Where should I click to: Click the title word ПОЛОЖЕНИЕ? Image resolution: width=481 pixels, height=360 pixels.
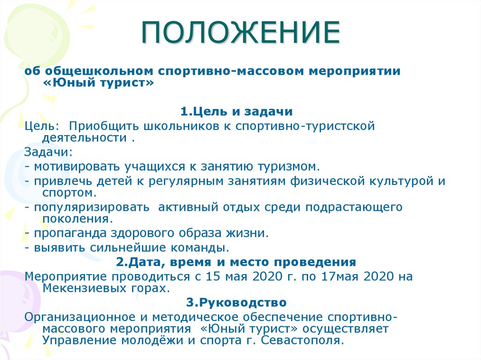coord(240,32)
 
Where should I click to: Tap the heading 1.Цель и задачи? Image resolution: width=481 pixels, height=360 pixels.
coord(237,112)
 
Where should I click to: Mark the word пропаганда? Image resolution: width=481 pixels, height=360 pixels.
coord(70,233)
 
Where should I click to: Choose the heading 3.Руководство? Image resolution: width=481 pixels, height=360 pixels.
coord(236,302)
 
